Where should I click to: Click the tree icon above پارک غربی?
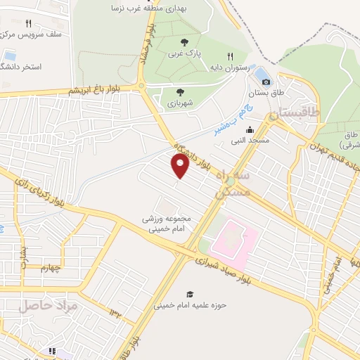click(x=184, y=41)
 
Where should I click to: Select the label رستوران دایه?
click(x=229, y=67)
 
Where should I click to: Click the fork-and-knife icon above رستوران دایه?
click(x=229, y=56)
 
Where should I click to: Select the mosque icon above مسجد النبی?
click(x=250, y=129)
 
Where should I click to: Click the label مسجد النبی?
click(x=250, y=140)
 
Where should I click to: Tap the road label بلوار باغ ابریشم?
click(x=95, y=90)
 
